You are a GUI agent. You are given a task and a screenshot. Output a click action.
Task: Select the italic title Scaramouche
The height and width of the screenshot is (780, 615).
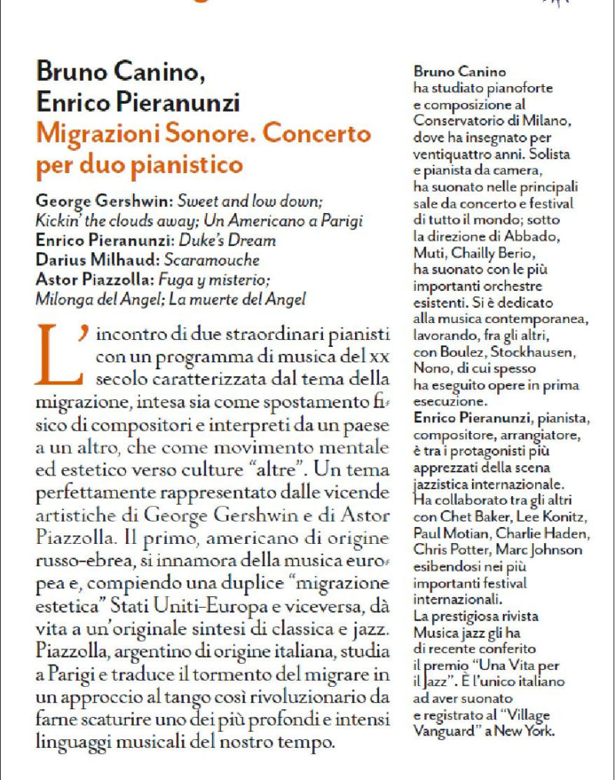(218, 260)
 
